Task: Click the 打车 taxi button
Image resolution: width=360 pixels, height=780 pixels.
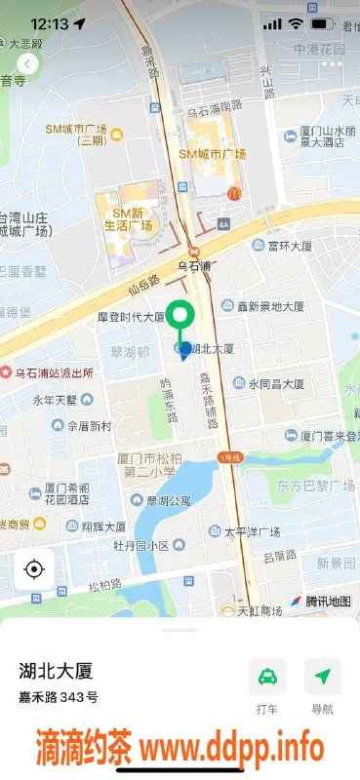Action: coord(267,677)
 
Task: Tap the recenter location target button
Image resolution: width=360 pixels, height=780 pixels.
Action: coord(34,569)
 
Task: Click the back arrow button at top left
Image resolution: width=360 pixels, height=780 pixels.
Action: coord(28,64)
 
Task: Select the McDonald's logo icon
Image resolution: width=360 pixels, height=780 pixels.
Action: coord(234,194)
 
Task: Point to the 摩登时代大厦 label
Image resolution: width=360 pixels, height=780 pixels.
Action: coord(130,318)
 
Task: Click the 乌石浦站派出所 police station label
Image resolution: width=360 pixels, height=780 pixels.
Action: coord(56,372)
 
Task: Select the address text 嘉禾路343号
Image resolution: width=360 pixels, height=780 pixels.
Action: coord(59,697)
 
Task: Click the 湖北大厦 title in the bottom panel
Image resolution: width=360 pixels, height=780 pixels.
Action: coord(56,671)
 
